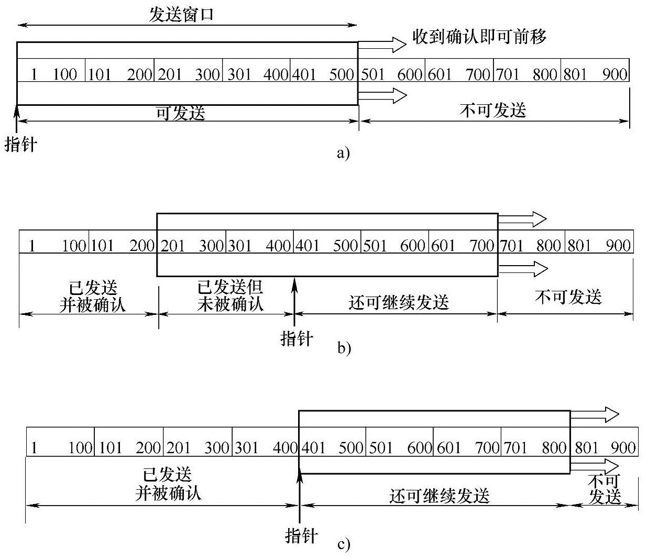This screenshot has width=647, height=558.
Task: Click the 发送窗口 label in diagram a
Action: pyautogui.click(x=181, y=14)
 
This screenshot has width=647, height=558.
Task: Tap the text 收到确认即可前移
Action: pyautogui.click(x=479, y=37)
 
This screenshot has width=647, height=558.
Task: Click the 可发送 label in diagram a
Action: pyautogui.click(x=181, y=113)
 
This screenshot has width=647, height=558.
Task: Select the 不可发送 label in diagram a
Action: pyautogui.click(x=493, y=111)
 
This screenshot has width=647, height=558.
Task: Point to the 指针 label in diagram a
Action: pyautogui.click(x=21, y=144)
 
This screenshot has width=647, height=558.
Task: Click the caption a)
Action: pyautogui.click(x=343, y=153)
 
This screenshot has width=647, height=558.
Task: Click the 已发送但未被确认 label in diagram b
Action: pyautogui.click(x=230, y=296)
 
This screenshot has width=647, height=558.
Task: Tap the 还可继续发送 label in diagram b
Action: pyautogui.click(x=399, y=302)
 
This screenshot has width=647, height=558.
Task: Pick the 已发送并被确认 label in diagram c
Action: pyautogui.click(x=168, y=484)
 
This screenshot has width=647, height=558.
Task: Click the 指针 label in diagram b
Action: pyautogui.click(x=297, y=338)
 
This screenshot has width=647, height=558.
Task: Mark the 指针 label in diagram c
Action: pyautogui.click(x=301, y=535)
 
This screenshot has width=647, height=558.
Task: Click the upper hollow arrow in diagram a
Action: pyautogui.click(x=382, y=45)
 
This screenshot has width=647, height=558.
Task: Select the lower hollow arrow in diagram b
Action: pyautogui.click(x=523, y=269)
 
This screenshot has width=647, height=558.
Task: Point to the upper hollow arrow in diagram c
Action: pyautogui.click(x=595, y=414)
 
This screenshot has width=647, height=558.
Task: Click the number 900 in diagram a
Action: pyautogui.click(x=615, y=74)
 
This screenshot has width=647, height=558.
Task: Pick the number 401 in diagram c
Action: pyautogui.click(x=313, y=448)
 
